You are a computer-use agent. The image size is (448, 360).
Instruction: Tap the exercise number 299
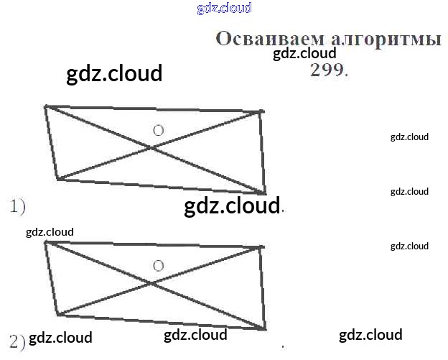327,70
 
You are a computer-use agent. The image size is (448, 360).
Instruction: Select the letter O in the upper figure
159,130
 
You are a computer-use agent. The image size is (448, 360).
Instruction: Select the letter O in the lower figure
159,266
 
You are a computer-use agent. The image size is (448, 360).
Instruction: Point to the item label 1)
17,207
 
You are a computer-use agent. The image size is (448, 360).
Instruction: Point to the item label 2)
17,341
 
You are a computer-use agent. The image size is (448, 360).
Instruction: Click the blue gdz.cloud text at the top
224,9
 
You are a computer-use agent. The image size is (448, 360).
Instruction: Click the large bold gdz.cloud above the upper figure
114,73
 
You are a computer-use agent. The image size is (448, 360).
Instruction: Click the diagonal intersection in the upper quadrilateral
151,147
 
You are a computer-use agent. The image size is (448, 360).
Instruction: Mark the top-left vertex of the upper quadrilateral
46,106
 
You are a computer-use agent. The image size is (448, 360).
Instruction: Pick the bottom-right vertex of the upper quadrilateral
265,193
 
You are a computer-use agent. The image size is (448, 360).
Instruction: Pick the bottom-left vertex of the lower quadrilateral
57,315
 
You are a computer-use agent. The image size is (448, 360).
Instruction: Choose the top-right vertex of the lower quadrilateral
261,247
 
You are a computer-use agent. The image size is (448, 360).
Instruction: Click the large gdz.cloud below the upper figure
231,206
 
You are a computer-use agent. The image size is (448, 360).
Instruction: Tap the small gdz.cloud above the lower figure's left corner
50,232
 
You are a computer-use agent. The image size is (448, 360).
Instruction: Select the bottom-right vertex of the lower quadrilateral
265,329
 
